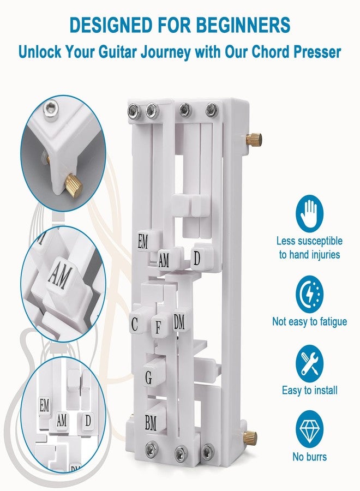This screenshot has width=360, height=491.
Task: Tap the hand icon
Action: click(x=309, y=214)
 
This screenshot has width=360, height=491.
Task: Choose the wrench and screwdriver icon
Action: click(x=309, y=364)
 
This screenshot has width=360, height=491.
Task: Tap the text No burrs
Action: click(x=310, y=457)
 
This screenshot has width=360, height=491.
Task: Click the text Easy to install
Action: click(x=310, y=391)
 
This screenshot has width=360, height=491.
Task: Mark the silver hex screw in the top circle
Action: click(x=51, y=109)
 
